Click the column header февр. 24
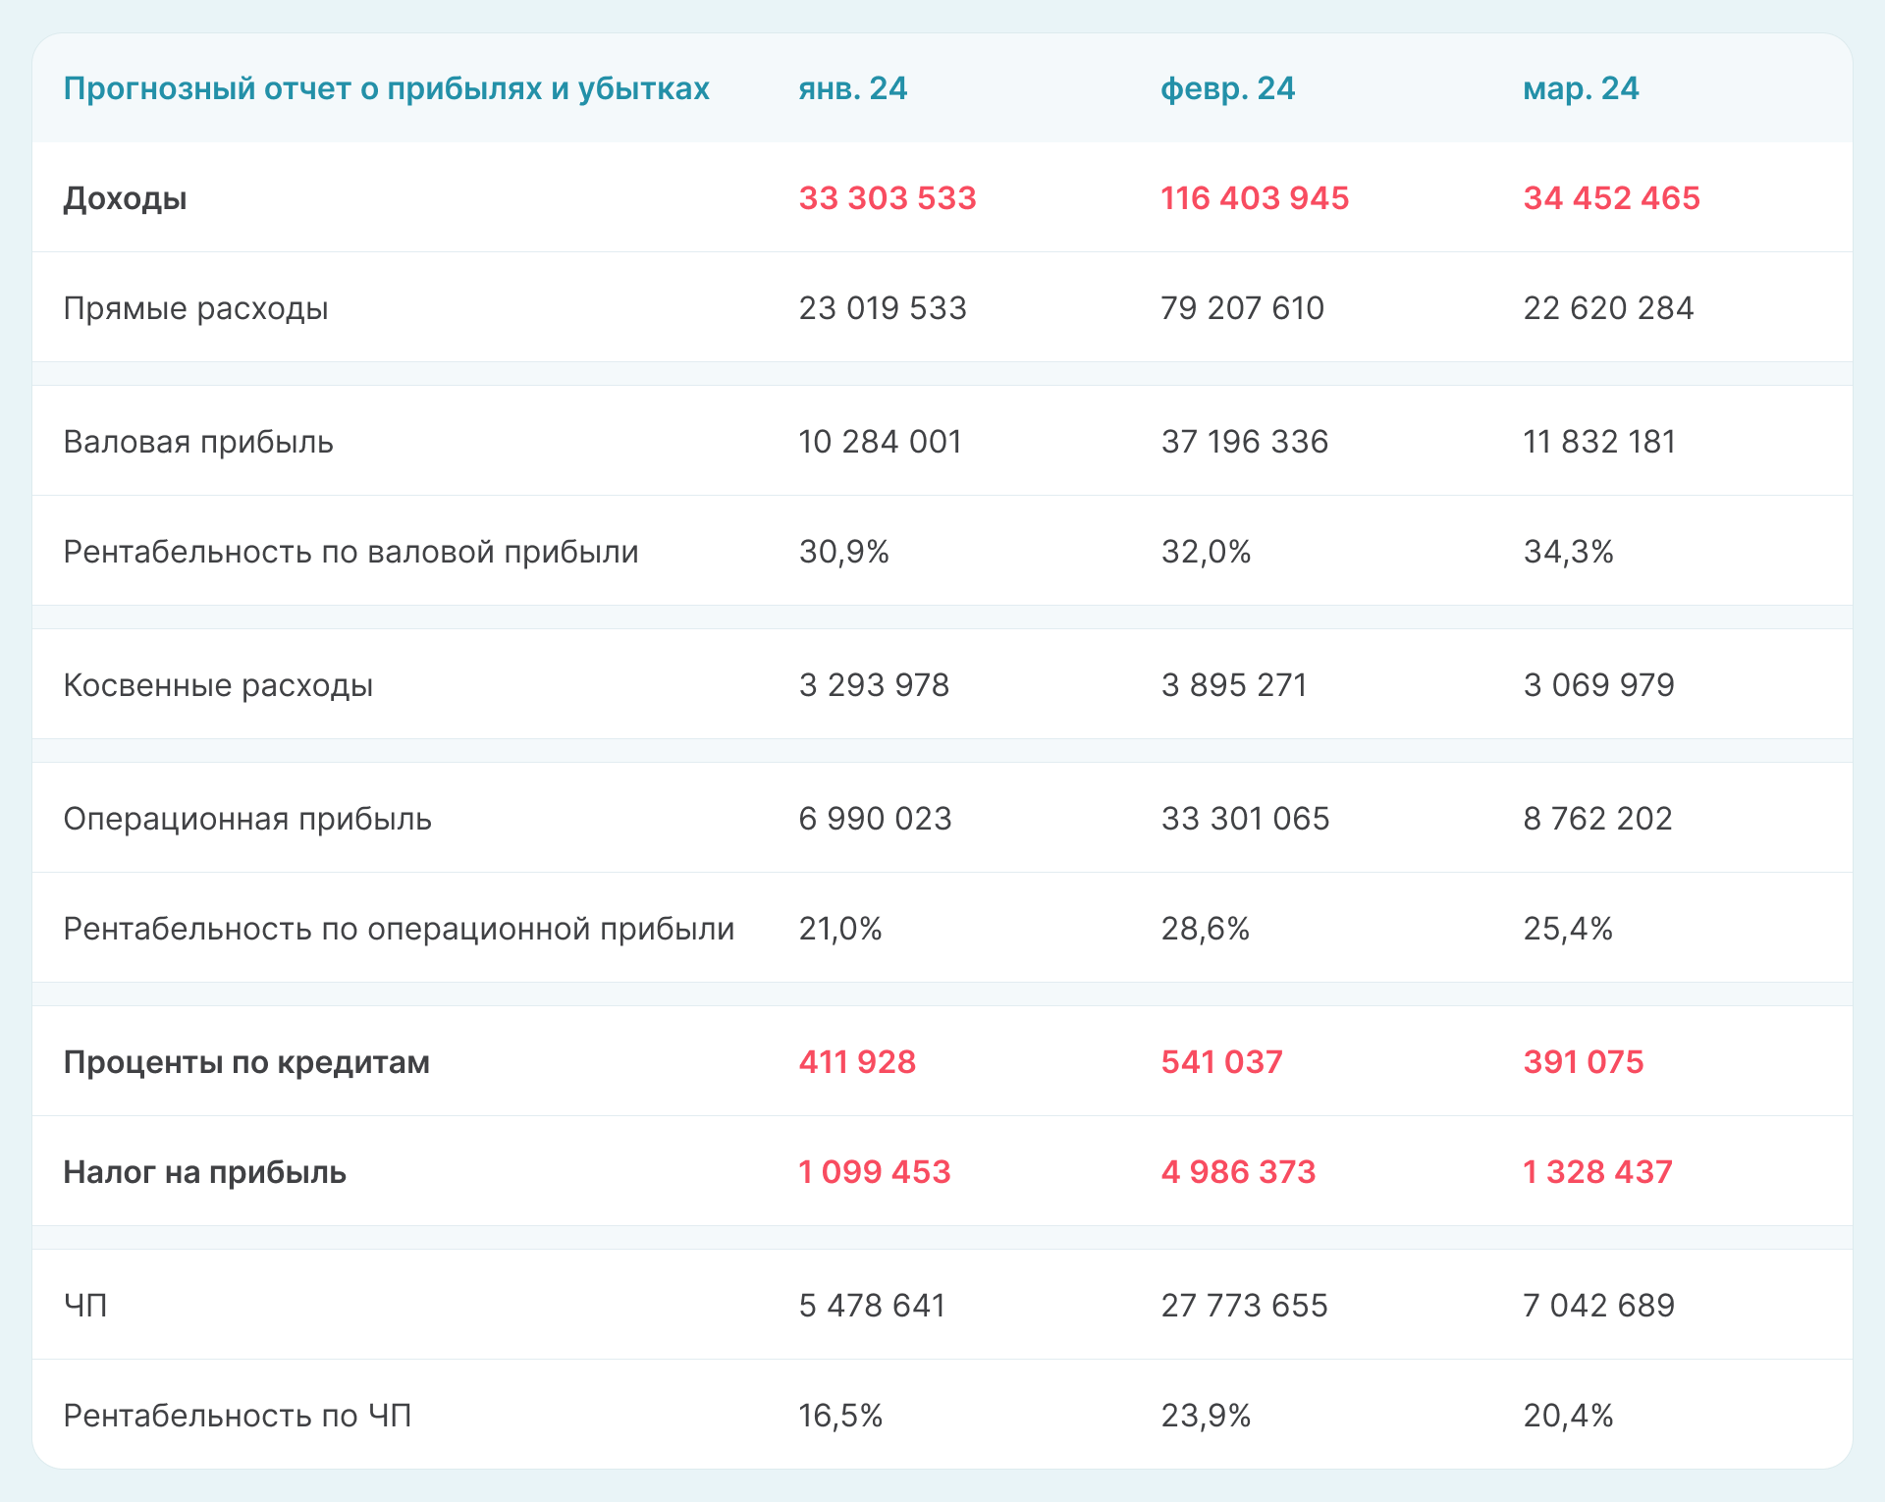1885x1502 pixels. [x=1227, y=88]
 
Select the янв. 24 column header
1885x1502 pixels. [x=852, y=88]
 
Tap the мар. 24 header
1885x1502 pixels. [x=1581, y=88]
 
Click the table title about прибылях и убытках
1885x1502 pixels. [x=386, y=88]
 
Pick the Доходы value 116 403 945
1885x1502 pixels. [x=1255, y=198]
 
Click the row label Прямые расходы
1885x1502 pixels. [x=195, y=308]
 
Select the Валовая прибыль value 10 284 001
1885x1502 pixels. [x=880, y=442]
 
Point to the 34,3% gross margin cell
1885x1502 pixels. [x=1568, y=552]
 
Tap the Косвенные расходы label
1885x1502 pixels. [x=218, y=685]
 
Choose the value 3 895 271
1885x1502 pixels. [x=1234, y=685]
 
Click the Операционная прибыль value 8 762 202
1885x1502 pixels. [x=1597, y=819]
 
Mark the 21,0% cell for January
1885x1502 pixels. [x=840, y=929]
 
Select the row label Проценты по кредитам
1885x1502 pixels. [x=246, y=1062]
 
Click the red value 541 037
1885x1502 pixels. [x=1221, y=1062]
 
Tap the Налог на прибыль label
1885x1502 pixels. [x=204, y=1172]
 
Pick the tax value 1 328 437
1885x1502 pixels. [x=1597, y=1172]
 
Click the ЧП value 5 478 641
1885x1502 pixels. [x=872, y=1306]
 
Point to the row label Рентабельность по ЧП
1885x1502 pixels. [x=237, y=1416]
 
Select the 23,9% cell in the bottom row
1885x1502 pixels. [x=1206, y=1416]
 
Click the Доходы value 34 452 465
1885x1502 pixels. [x=1611, y=198]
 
